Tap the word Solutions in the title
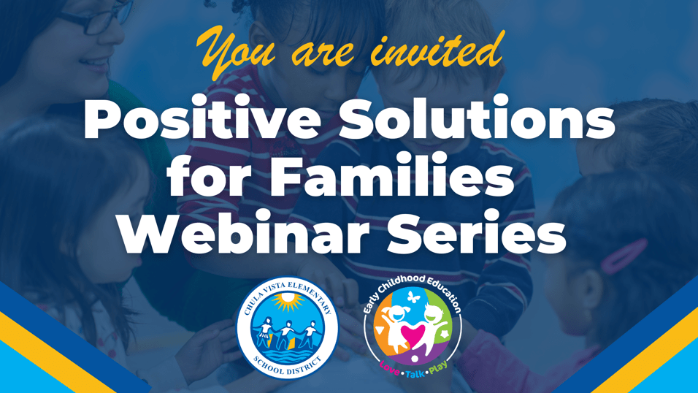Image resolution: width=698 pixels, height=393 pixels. [x=477, y=117]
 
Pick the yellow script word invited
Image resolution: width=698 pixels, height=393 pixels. [x=437, y=50]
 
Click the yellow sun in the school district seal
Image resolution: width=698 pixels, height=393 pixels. [x=288, y=301]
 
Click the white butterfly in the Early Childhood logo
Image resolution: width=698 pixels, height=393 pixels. [x=414, y=297]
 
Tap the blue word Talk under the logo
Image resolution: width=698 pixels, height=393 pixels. [x=415, y=373]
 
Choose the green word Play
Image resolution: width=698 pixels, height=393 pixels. [x=439, y=368]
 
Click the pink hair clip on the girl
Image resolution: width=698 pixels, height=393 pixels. [x=624, y=256]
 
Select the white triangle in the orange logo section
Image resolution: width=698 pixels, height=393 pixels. [x=379, y=330]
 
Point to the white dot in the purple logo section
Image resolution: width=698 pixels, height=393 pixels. [x=415, y=359]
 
